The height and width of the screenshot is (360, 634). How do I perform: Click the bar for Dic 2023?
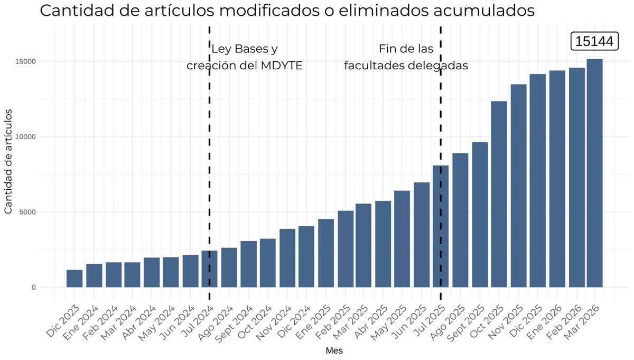coord(74,279)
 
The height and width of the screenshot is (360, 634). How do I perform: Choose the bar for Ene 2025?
coord(325,253)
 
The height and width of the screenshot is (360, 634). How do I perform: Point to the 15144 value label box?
coord(594,41)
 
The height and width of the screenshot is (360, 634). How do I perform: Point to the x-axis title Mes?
coord(334,350)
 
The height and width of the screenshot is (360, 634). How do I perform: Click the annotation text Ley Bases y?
coord(245,49)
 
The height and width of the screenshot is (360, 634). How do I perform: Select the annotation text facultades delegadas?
coord(406,66)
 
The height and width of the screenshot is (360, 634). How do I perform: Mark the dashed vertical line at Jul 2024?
coord(210,159)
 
